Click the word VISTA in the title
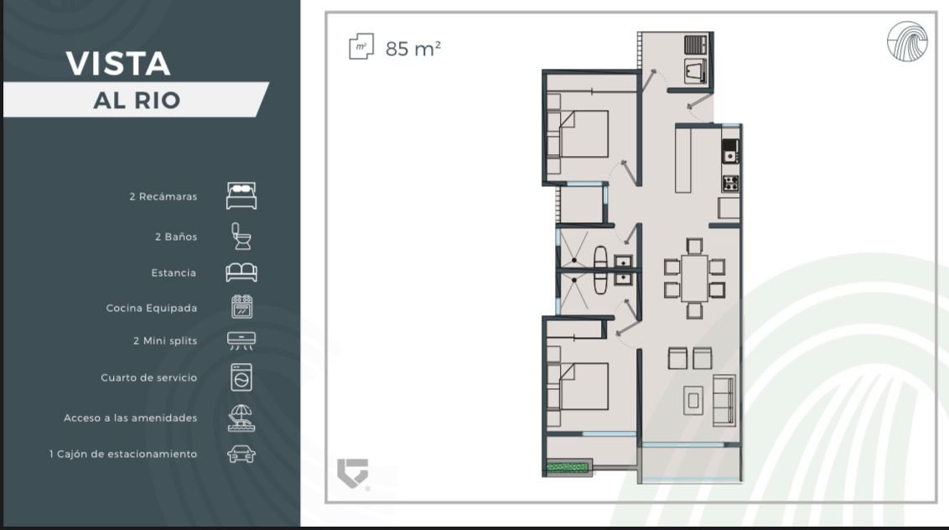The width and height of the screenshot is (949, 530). [118, 64]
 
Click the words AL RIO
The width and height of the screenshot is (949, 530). [137, 101]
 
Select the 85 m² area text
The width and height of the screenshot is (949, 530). [412, 49]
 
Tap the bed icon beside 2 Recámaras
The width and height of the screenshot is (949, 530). [241, 195]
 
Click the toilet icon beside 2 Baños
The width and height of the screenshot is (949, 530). [241, 236]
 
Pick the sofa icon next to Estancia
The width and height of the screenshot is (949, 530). [241, 273]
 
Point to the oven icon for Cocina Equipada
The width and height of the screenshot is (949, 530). [242, 307]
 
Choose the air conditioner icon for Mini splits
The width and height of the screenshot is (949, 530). [241, 340]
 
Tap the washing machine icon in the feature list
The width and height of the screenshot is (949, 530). [241, 377]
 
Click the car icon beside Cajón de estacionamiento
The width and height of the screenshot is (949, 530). [241, 454]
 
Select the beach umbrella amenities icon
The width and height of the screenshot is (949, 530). [241, 418]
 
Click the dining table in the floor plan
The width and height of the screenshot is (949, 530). [694, 278]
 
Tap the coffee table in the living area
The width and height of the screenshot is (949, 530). [693, 400]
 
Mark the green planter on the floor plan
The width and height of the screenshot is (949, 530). [568, 467]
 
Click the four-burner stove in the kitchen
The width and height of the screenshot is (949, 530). [730, 183]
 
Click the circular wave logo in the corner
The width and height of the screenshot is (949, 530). [907, 41]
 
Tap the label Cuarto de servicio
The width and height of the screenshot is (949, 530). [149, 377]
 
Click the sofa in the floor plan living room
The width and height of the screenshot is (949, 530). [723, 400]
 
